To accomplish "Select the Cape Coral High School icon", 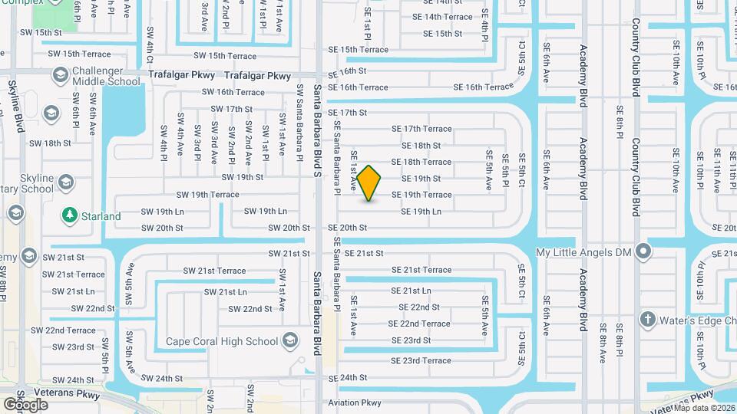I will (x=290, y=340).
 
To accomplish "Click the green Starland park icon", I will (x=70, y=215).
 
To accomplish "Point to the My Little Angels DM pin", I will (x=643, y=251).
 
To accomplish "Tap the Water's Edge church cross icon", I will (x=647, y=320).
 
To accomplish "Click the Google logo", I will (x=25, y=404).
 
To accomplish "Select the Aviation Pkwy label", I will (x=355, y=402).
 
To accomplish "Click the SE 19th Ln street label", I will (x=421, y=212).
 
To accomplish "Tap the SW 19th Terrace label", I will (x=207, y=195).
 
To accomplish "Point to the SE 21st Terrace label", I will (x=421, y=270).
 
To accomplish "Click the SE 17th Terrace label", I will (x=421, y=129).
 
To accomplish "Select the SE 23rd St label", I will (x=411, y=340).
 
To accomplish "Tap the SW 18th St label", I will (x=50, y=143).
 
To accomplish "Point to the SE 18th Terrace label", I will (x=421, y=162).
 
